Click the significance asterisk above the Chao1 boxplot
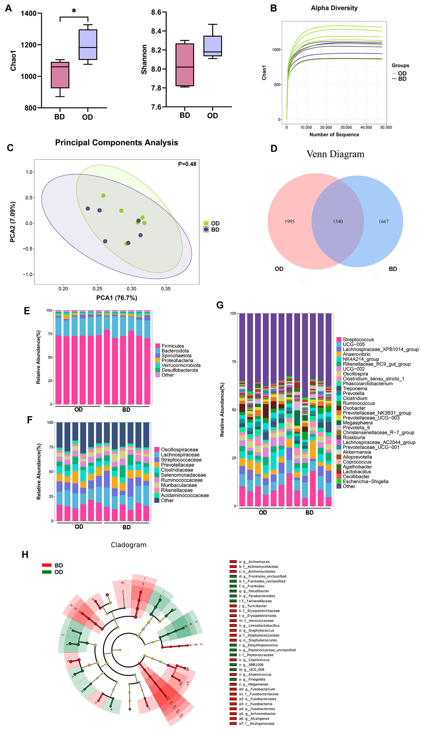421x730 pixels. click(74, 11)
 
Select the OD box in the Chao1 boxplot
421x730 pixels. click(88, 45)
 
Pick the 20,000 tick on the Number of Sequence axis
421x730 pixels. click(326, 127)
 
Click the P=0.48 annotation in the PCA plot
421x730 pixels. click(187, 164)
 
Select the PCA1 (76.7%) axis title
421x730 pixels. click(117, 298)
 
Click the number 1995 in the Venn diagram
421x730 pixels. click(289, 221)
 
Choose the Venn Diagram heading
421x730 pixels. click(335, 154)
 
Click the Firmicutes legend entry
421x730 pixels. click(173, 346)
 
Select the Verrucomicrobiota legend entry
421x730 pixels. click(181, 365)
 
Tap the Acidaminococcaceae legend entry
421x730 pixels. click(184, 495)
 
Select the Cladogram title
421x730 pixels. click(129, 545)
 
